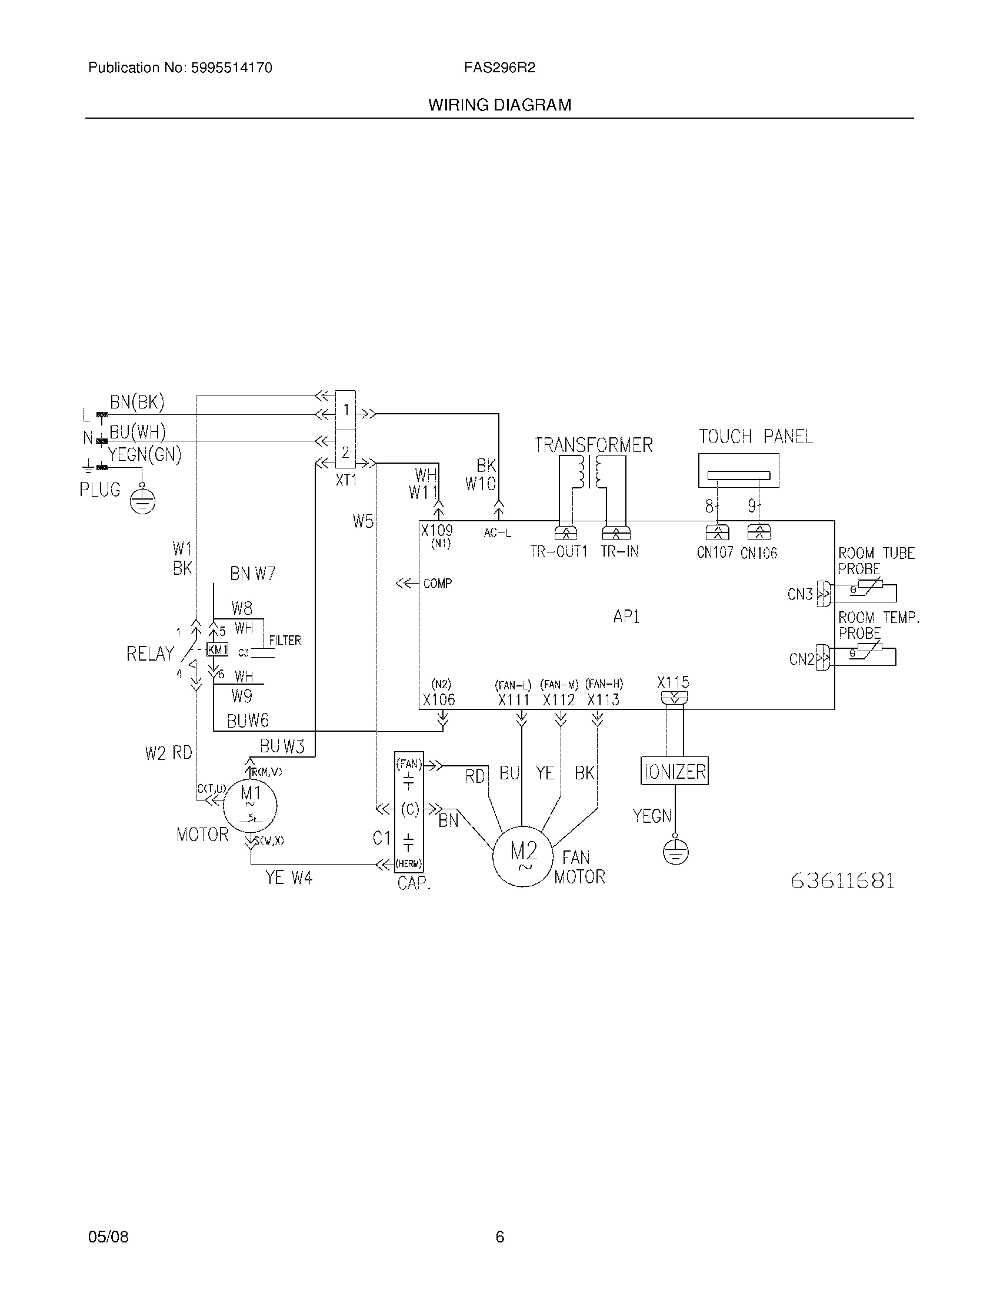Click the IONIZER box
click(674, 772)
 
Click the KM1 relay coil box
click(217, 649)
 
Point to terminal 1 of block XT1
click(345, 410)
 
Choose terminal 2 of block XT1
click(345, 453)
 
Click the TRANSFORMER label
click(593, 445)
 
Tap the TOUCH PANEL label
click(756, 437)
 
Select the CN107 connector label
click(715, 553)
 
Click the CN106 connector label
click(759, 553)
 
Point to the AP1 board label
click(626, 617)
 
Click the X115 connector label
click(673, 682)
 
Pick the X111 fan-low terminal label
click(514, 700)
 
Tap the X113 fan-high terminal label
click(603, 700)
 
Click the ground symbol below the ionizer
click(675, 853)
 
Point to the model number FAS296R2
click(499, 68)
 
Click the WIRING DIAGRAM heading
click(499, 105)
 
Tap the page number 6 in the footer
click(499, 1237)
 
